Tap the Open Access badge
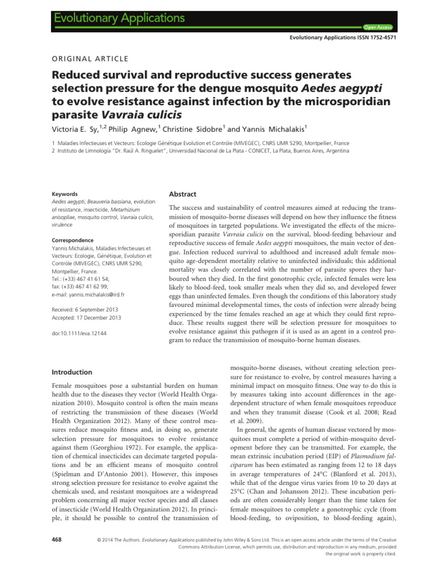click(374, 27)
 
